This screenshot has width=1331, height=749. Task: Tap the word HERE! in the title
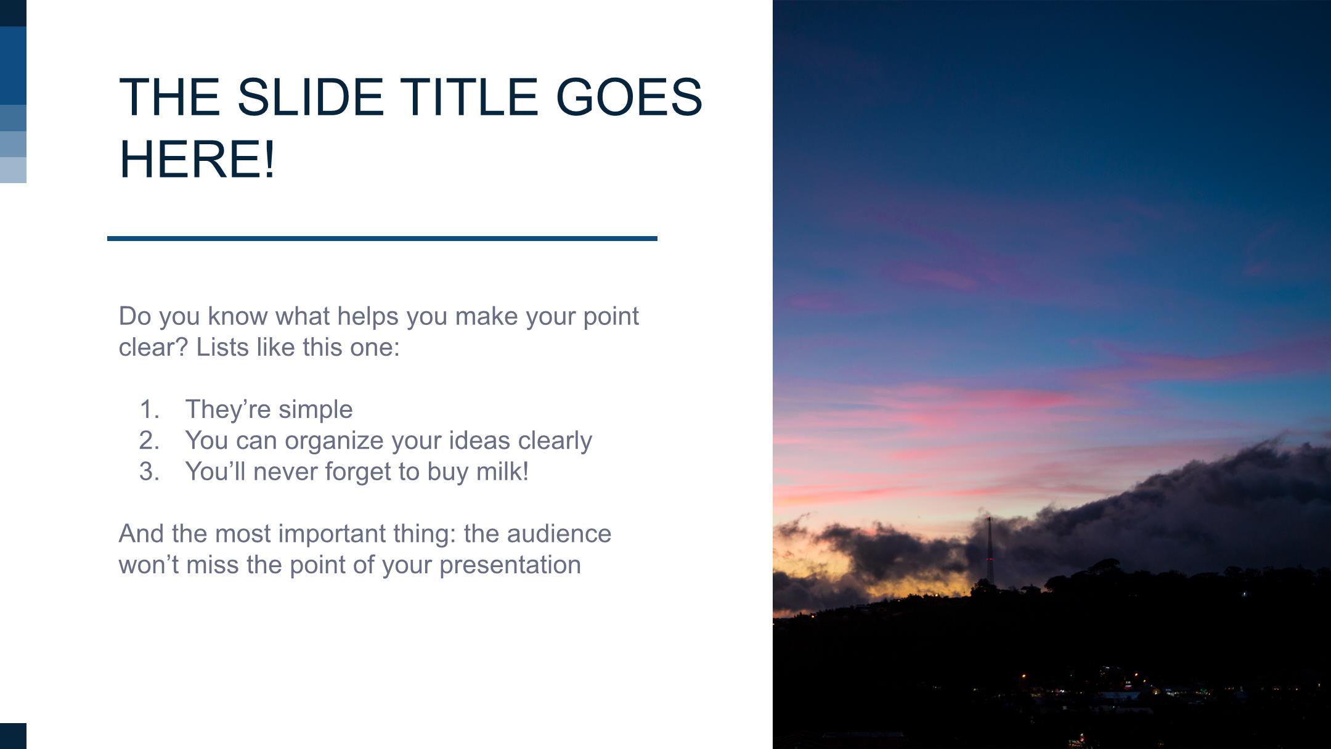click(197, 159)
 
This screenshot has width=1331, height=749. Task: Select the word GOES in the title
click(629, 97)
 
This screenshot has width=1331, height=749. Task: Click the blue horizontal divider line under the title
click(382, 238)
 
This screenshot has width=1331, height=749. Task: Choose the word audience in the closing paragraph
click(559, 534)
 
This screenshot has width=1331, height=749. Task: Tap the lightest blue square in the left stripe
click(13, 170)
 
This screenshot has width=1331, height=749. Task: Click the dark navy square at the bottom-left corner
click(13, 736)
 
